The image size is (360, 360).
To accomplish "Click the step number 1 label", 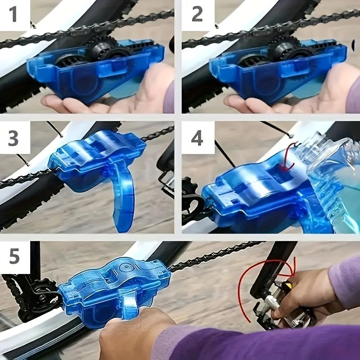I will [13, 14].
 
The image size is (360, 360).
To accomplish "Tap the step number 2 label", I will [197, 14].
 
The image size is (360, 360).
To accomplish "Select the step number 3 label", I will [13, 139].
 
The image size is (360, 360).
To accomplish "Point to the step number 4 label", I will [197, 139].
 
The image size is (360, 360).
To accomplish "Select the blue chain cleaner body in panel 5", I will [112, 288].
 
